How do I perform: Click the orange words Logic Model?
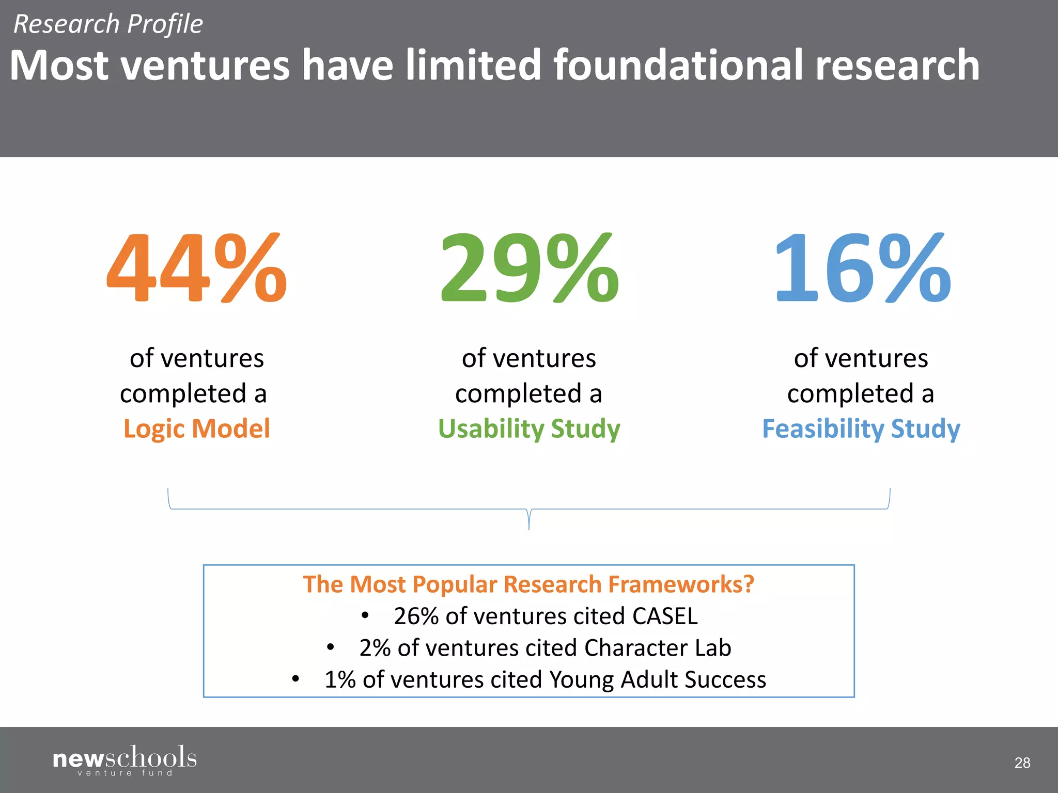click(196, 429)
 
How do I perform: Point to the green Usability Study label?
click(529, 429)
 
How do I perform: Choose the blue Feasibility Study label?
click(861, 429)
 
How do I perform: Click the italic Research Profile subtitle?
click(108, 24)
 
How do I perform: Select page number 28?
click(1022, 763)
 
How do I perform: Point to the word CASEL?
click(665, 616)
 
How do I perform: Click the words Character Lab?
click(658, 648)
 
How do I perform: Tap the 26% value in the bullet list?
click(416, 616)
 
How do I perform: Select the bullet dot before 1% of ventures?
click(295, 679)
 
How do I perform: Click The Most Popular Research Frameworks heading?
click(528, 584)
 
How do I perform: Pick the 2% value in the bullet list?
click(375, 648)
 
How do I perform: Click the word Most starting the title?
click(59, 65)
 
